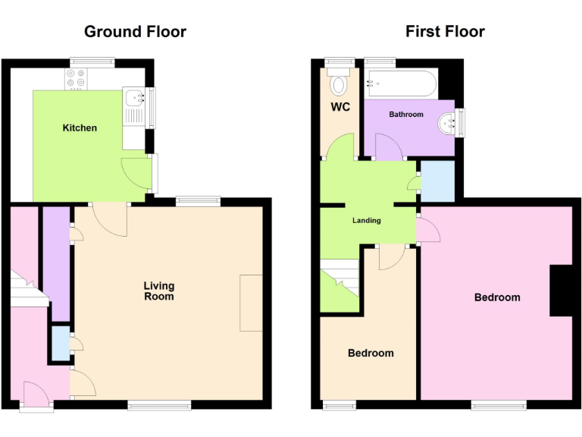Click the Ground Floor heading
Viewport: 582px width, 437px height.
coord(135,31)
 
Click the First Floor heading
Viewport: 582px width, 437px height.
coord(445,31)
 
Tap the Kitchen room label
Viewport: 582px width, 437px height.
coord(80,127)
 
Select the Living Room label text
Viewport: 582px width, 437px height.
coord(159,291)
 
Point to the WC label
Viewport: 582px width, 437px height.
coord(340,107)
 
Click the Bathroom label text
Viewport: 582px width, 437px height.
coord(406,115)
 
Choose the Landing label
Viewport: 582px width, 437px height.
coord(367,221)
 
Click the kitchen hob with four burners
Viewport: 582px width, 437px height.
coord(77,78)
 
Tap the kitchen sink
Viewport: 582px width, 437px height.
coord(135,97)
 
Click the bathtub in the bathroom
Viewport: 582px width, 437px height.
coord(400,83)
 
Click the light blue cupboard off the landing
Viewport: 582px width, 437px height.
coord(437,181)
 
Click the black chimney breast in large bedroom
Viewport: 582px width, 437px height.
coord(561,290)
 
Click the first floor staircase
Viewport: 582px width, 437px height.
coord(339,284)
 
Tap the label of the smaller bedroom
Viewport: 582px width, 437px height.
coord(371,353)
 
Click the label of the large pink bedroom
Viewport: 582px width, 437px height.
coord(497,297)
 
